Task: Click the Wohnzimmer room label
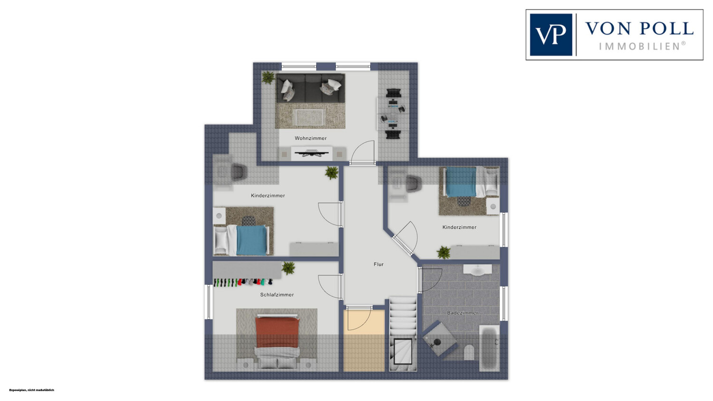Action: click(310, 138)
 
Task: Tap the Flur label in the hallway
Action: click(378, 264)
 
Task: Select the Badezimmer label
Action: click(462, 313)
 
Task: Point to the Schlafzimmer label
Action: click(277, 294)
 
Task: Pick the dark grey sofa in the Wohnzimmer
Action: click(310, 88)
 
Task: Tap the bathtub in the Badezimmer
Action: click(489, 348)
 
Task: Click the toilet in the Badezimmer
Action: click(469, 352)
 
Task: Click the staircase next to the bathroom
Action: click(403, 334)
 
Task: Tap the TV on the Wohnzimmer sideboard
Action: click(311, 153)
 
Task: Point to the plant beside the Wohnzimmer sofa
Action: click(268, 77)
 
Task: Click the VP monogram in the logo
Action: click(550, 35)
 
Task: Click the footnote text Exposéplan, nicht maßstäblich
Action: click(31, 390)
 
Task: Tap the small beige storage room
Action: click(364, 340)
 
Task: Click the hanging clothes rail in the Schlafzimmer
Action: click(243, 282)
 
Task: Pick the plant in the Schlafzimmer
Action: click(289, 268)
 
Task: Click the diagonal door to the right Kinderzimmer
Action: click(402, 245)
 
